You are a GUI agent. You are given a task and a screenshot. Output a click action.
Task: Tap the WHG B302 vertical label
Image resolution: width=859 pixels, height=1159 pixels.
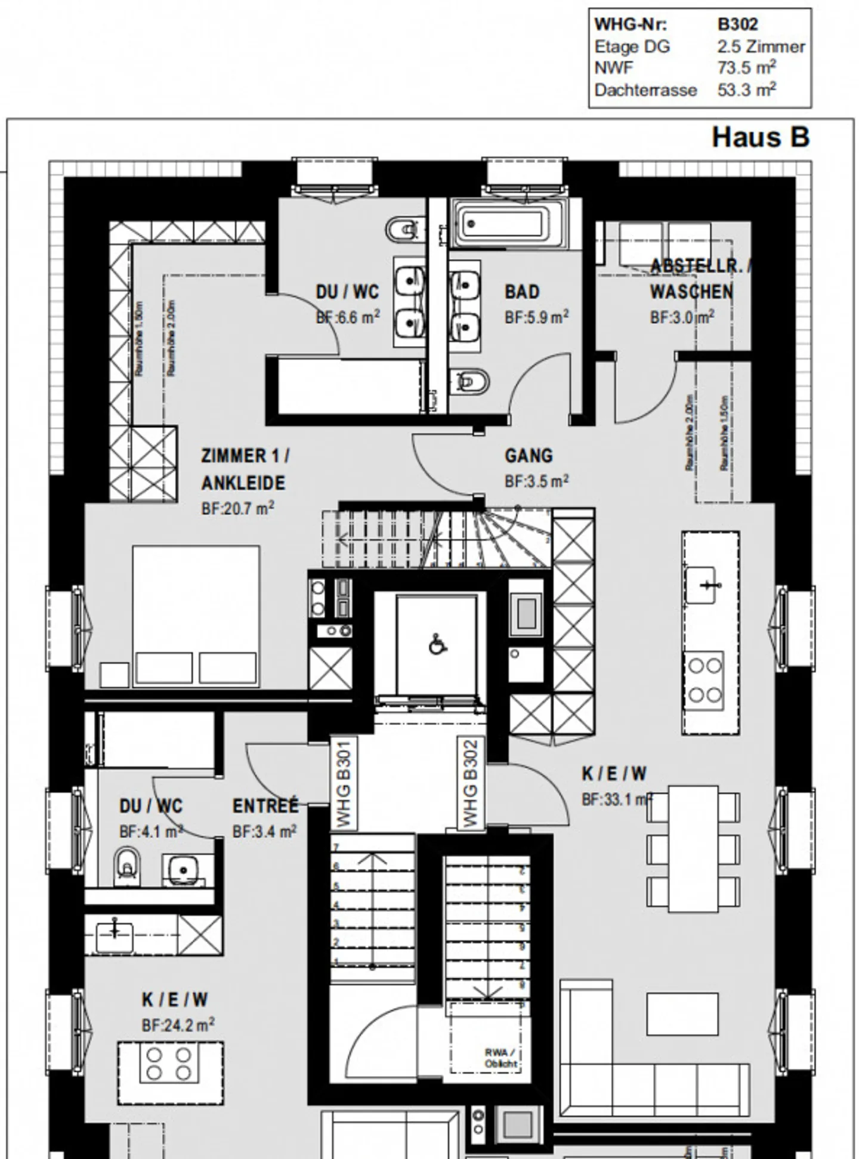[x=471, y=783]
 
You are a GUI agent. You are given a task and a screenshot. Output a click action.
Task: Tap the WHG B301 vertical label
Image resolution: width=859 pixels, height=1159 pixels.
[x=344, y=783]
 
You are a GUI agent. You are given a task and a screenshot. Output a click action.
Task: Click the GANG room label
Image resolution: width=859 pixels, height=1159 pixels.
[x=529, y=456]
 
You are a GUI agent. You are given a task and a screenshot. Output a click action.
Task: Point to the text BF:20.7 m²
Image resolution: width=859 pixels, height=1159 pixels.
[x=237, y=509]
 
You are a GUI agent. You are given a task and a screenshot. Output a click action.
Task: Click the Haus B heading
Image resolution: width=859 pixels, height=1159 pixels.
[x=760, y=137]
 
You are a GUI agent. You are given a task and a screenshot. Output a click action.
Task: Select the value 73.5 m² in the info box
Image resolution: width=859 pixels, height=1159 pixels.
[x=746, y=68]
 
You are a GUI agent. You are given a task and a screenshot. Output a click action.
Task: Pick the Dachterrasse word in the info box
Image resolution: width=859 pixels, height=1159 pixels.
[x=645, y=91]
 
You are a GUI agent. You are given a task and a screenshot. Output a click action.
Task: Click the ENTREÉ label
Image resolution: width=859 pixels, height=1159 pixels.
[x=265, y=806]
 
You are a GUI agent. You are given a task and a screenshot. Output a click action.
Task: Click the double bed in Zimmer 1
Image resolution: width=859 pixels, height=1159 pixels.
[x=196, y=614]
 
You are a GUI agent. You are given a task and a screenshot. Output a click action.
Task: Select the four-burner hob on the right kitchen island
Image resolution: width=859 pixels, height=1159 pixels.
[x=705, y=680]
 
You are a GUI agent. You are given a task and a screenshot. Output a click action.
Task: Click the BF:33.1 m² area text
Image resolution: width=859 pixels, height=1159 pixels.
[x=616, y=799]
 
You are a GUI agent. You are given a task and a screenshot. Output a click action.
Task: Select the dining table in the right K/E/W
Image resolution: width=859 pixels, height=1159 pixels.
[x=693, y=848]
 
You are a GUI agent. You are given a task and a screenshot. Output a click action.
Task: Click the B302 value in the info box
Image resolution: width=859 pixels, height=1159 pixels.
[x=737, y=24]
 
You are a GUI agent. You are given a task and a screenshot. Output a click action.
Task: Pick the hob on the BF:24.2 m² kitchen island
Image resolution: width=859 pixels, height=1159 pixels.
[x=169, y=1064]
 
